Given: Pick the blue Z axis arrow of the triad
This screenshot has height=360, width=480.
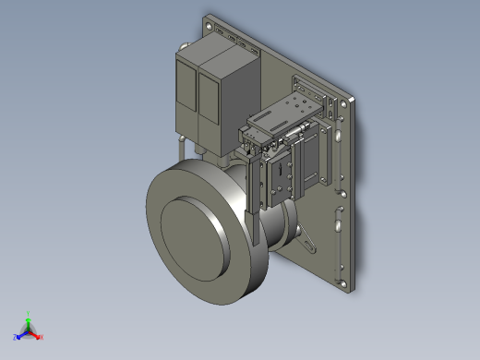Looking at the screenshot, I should [18, 337].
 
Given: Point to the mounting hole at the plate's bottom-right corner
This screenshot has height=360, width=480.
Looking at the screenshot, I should [347, 282].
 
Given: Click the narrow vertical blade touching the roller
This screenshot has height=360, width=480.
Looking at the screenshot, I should [251, 198].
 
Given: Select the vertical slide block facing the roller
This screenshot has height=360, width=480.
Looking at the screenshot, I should [277, 180].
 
